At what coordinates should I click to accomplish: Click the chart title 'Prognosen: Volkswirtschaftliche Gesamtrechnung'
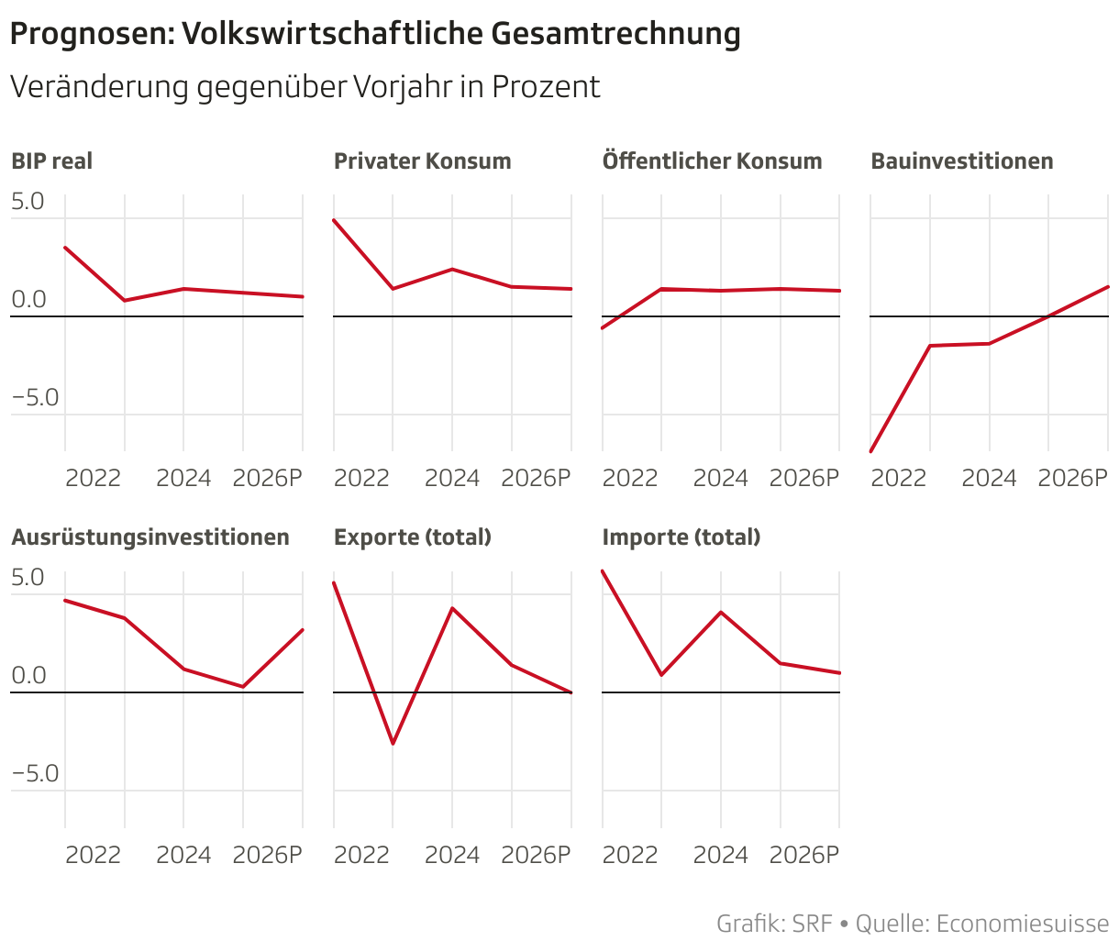point(375,34)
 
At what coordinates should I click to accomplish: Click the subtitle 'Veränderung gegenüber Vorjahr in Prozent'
point(305,87)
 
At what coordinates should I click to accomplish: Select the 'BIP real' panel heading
point(52,161)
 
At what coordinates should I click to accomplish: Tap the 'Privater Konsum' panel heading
point(422,161)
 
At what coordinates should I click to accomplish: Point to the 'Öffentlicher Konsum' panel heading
point(712,161)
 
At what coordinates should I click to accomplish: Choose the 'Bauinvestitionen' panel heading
point(961,161)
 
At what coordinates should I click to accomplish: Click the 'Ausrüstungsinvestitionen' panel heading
point(150,537)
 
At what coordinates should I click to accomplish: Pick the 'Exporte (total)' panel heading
point(413,537)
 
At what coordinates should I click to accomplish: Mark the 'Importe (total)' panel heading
point(681,537)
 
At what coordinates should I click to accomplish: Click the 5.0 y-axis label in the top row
point(28,201)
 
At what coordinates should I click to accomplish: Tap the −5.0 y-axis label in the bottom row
point(35,773)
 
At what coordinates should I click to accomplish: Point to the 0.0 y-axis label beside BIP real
point(28,300)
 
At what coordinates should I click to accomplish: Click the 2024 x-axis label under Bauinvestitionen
point(989,479)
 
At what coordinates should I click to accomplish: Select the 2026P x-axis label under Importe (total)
point(804,855)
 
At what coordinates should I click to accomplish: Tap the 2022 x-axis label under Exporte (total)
point(361,855)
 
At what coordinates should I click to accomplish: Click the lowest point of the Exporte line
point(393,743)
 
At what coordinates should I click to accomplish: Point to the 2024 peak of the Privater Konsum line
point(452,269)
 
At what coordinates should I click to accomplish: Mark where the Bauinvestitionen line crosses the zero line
point(1047,316)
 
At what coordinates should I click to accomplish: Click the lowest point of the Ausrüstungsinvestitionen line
point(243,686)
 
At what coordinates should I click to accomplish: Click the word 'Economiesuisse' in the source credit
point(1022,924)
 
